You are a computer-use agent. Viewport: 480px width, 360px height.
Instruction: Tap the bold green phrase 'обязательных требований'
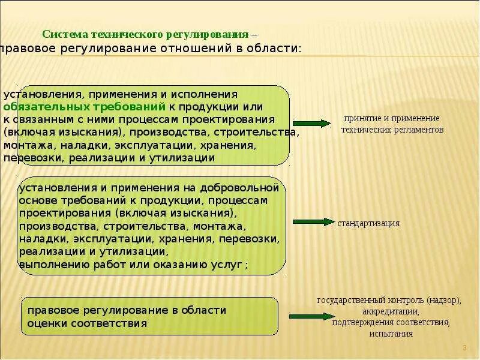coord(85,107)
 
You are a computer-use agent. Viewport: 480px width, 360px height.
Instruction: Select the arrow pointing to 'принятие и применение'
coord(312,124)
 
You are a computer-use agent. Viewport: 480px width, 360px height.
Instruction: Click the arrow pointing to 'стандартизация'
coord(312,222)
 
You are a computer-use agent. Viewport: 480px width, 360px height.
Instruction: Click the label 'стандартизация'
coord(368,223)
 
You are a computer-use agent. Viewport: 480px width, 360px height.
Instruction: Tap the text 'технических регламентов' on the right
coord(392,129)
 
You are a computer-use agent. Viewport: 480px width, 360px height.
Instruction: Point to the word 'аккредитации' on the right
coord(391,311)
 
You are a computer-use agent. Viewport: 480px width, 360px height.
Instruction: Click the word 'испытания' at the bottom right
coord(391,334)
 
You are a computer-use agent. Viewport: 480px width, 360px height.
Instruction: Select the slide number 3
coord(464,348)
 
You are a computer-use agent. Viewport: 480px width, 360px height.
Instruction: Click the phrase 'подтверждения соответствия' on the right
coord(391,322)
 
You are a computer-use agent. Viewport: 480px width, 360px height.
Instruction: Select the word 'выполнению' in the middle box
coord(49,263)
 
